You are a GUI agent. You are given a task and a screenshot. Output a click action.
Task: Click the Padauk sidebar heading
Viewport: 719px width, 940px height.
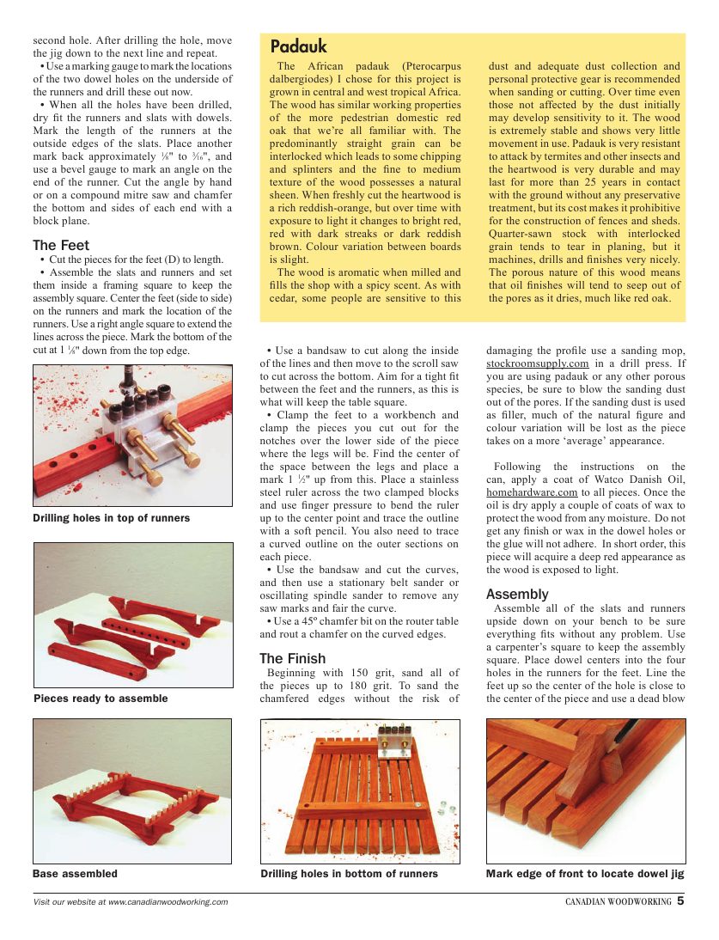298,47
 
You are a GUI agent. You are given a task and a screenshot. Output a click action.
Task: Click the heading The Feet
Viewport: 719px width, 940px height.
61,246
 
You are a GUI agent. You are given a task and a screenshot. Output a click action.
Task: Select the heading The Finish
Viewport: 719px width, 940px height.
292,658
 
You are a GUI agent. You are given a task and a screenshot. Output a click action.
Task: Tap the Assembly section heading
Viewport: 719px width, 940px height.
516,594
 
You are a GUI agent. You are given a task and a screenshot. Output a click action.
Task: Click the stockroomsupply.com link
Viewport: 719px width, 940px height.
537,363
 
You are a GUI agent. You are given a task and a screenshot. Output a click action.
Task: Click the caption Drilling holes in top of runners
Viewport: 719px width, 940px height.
111,518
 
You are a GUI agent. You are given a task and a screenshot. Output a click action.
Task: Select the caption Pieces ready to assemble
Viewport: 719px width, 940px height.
100,699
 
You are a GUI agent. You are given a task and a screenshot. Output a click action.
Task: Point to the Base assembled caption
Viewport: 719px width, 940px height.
75,874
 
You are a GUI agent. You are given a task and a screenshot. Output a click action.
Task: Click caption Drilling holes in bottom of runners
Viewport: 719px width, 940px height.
349,874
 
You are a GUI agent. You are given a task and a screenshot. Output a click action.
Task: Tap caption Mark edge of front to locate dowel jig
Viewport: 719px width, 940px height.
584,874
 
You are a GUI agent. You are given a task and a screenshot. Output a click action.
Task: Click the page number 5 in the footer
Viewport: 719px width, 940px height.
680,901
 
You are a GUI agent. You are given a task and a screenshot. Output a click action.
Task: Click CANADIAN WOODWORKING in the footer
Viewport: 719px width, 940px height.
618,902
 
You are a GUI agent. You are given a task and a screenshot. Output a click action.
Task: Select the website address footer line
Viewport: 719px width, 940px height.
130,902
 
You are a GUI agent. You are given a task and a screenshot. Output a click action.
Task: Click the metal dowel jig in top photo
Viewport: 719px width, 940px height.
146,417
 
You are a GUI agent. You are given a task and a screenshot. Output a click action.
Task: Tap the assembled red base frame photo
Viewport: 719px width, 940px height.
131,799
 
